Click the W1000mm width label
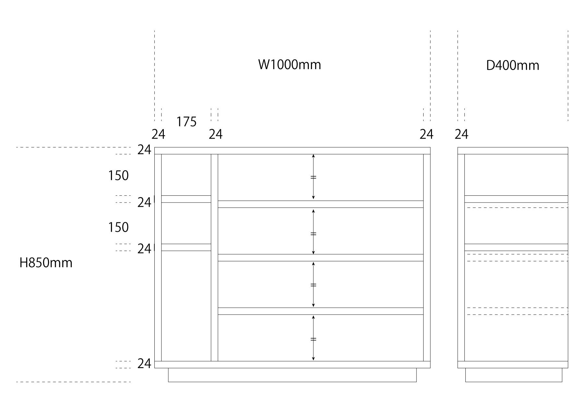click(289, 65)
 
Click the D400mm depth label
click(512, 66)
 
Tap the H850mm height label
click(46, 263)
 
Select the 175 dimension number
click(186, 122)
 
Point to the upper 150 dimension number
click(118, 176)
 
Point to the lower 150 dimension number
click(118, 227)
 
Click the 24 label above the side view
click(461, 134)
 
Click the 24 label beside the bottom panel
click(144, 364)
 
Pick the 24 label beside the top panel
click(144, 150)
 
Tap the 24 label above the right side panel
click(426, 134)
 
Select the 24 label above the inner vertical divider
click(216, 134)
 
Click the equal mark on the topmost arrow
click(313, 177)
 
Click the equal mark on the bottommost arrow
click(313, 339)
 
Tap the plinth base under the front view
click(292, 375)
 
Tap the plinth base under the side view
click(514, 375)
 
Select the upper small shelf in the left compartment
click(186, 199)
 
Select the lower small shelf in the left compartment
click(186, 247)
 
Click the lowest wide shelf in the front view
click(320, 311)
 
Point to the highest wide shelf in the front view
click(320, 204)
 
